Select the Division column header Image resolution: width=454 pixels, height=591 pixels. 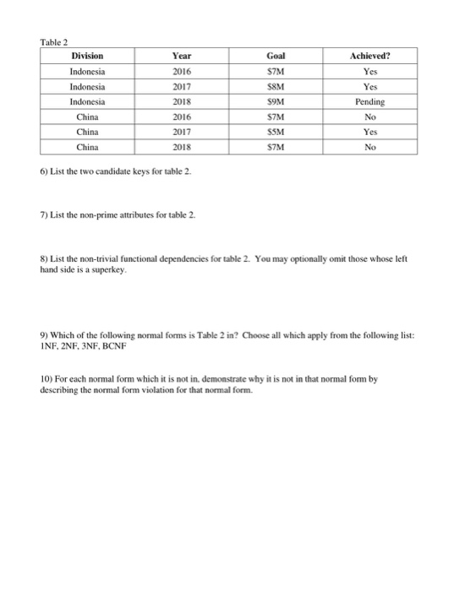point(88,57)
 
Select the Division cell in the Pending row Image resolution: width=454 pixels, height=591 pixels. point(88,101)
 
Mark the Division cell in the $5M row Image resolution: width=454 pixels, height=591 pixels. point(88,131)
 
